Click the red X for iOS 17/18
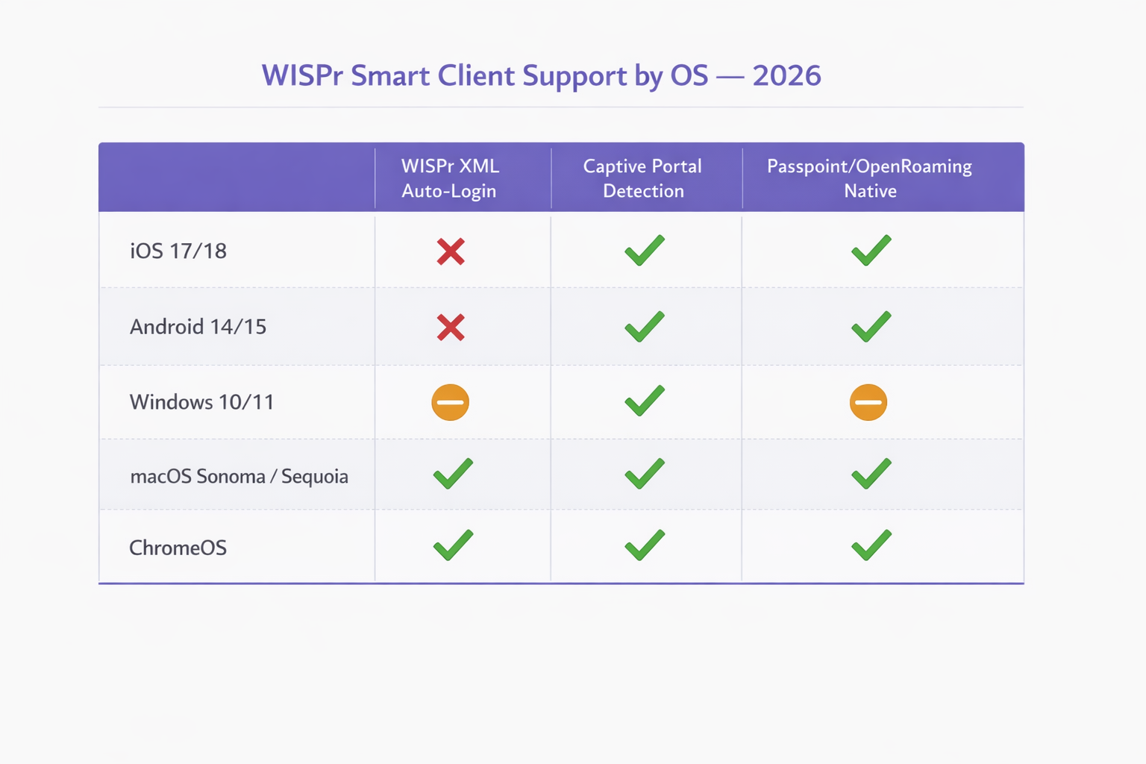tap(451, 251)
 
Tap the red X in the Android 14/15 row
tap(451, 328)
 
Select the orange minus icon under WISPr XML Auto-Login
tap(450, 402)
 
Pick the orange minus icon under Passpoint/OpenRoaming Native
tap(868, 402)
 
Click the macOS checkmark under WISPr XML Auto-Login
tap(453, 474)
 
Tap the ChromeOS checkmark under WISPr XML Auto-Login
tap(453, 545)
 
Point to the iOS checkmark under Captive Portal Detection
tap(645, 251)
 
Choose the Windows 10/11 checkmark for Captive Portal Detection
tap(645, 401)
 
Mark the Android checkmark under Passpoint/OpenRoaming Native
tap(871, 327)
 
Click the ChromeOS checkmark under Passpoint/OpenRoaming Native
tap(871, 545)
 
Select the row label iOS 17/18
tap(178, 251)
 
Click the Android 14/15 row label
tap(198, 327)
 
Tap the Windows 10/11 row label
tap(202, 402)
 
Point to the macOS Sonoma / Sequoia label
tap(239, 476)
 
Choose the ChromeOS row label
tap(178, 548)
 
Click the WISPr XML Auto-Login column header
tap(450, 178)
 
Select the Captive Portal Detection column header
tap(642, 178)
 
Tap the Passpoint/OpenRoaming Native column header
tap(869, 178)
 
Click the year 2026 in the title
tap(786, 75)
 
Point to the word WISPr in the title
tap(302, 75)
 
